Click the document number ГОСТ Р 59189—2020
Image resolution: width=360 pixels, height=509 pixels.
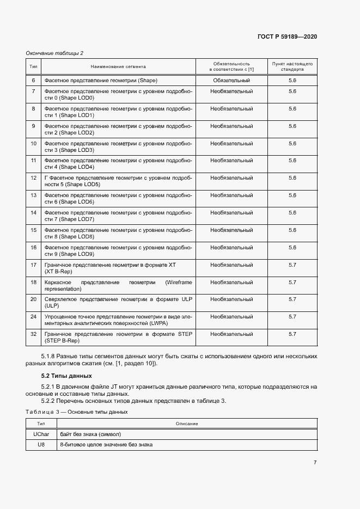point(287,36)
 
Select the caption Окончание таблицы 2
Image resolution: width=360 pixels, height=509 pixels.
point(54,53)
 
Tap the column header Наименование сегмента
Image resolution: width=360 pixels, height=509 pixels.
point(118,66)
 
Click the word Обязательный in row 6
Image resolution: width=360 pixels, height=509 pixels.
point(231,81)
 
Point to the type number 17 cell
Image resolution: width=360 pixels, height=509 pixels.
point(33,265)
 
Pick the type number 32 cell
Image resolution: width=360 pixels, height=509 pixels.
point(33,334)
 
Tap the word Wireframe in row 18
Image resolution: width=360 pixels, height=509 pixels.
point(175,282)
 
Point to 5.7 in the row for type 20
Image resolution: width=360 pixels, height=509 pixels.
point(292,299)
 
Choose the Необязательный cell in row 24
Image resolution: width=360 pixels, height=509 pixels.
point(231,316)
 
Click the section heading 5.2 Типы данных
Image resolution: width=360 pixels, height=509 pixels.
point(67,376)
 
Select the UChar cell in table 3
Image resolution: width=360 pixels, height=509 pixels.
point(41,434)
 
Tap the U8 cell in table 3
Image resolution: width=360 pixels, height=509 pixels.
point(41,444)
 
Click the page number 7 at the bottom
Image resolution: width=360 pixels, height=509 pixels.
point(315,462)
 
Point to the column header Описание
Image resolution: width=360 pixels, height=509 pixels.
point(186,424)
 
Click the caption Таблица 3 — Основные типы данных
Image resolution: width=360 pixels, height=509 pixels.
point(77,412)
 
